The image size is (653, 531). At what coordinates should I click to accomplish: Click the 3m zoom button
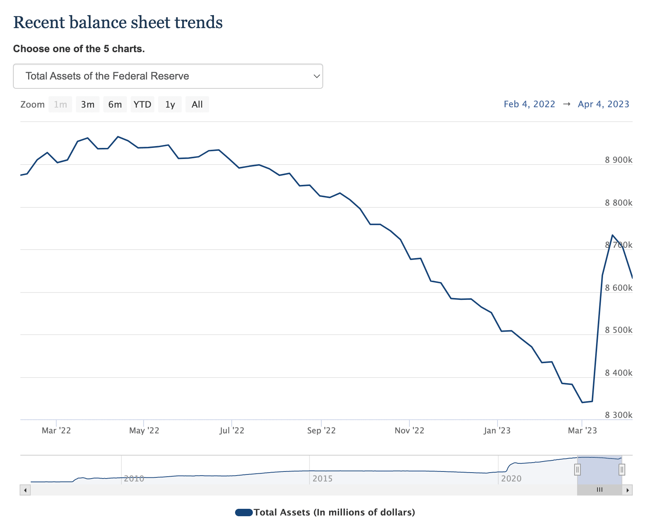tap(88, 105)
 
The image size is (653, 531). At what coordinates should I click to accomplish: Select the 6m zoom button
tap(115, 105)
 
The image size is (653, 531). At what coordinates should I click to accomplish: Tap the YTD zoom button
tap(143, 105)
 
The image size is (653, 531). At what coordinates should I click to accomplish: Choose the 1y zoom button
tap(170, 105)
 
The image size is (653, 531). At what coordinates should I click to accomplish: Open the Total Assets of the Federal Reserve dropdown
tap(168, 76)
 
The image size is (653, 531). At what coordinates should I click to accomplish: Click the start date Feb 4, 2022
tap(529, 104)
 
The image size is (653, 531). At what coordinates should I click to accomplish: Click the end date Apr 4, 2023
tap(603, 104)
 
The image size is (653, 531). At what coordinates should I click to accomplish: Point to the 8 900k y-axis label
tap(619, 160)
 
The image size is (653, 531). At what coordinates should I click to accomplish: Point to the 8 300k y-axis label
tap(619, 415)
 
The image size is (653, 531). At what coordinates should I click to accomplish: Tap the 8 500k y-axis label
tap(619, 330)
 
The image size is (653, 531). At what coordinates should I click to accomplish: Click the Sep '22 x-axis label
tap(321, 430)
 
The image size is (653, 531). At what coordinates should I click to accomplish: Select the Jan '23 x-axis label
tap(497, 430)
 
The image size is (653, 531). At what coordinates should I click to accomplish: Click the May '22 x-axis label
tap(144, 430)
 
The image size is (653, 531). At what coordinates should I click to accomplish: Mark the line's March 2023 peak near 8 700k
tap(612, 235)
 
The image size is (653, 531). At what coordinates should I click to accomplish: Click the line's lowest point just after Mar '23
tap(582, 402)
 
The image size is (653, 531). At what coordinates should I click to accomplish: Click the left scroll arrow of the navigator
tap(25, 490)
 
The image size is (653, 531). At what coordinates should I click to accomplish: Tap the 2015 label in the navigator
tap(322, 478)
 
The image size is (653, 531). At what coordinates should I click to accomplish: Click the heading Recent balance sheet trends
tap(118, 22)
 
